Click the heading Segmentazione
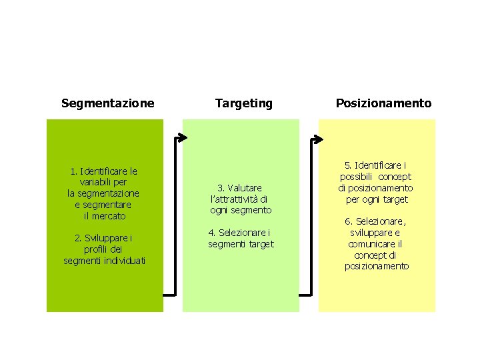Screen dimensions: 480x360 tap(107, 103)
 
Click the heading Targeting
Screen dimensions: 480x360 tap(243, 103)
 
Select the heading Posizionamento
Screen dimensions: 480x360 tap(383, 103)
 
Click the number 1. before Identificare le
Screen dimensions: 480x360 tap(73, 171)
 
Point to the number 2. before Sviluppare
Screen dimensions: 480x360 tap(78, 237)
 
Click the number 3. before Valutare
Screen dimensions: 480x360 tap(221, 188)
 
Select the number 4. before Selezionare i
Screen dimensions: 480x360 tap(212, 233)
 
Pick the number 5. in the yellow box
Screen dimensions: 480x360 tap(348, 165)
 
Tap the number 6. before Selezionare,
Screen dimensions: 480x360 tap(348, 221)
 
